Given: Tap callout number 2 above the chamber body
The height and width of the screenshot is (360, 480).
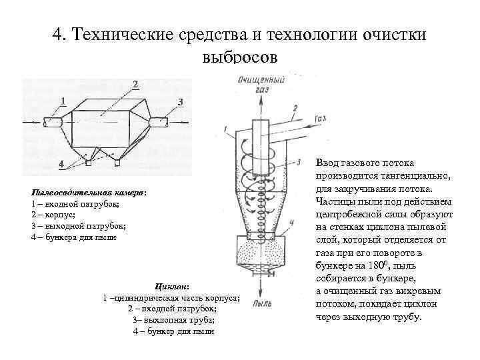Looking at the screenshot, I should pos(135,84).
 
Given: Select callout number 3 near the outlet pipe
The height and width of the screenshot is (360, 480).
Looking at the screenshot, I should pos(180,101).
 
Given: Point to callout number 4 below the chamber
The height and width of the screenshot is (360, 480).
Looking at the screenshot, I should pos(61,163).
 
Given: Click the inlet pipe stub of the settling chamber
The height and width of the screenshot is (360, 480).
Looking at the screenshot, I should pos(53,122).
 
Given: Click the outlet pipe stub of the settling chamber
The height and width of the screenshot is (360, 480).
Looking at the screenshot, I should pos(159,122).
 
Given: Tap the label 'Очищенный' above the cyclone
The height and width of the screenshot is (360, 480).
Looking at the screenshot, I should pos(261,79).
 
